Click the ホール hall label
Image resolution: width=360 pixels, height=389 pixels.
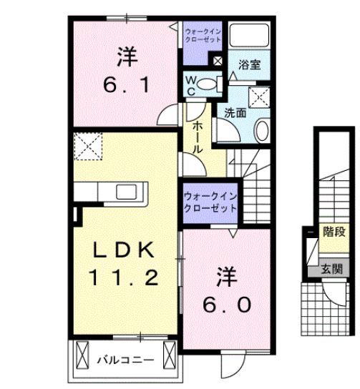197,136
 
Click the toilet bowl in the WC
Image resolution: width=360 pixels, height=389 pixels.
207,84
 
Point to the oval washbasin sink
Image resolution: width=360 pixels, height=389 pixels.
261,131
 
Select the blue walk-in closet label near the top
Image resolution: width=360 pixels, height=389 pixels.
204,36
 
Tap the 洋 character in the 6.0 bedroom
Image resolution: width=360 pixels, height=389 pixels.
225,275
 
